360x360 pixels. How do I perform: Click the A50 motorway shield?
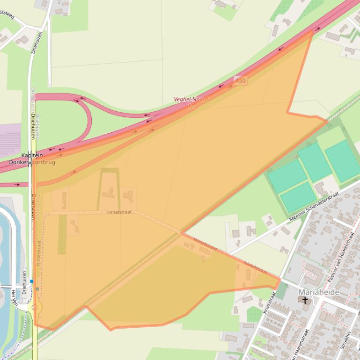[241, 81]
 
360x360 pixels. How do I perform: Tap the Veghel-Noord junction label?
[191, 100]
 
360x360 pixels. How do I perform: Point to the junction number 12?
[191, 106]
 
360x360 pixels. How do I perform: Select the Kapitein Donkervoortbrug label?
[32, 159]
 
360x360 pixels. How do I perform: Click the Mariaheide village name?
[318, 292]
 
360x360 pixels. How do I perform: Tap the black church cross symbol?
[306, 300]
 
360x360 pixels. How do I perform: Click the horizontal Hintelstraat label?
[119, 212]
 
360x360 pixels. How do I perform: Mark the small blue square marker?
[32, 281]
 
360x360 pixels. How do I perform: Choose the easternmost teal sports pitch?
[343, 161]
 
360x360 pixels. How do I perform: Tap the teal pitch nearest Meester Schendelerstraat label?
[298, 197]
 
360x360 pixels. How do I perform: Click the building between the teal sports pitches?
[321, 188]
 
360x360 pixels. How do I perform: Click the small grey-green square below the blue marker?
[37, 289]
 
